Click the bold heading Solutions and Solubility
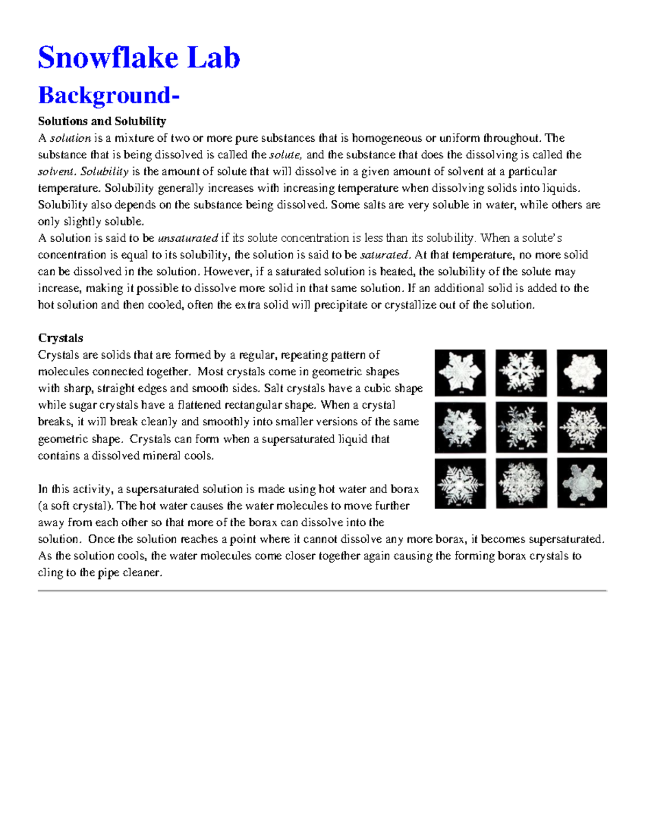(102, 121)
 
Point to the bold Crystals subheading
(60, 338)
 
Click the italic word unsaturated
(188, 238)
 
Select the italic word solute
(285, 155)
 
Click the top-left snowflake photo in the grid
(460, 373)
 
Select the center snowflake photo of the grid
(521, 427)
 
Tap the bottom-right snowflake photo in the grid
(582, 483)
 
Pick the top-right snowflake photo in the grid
(582, 373)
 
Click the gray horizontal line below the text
(322, 591)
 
